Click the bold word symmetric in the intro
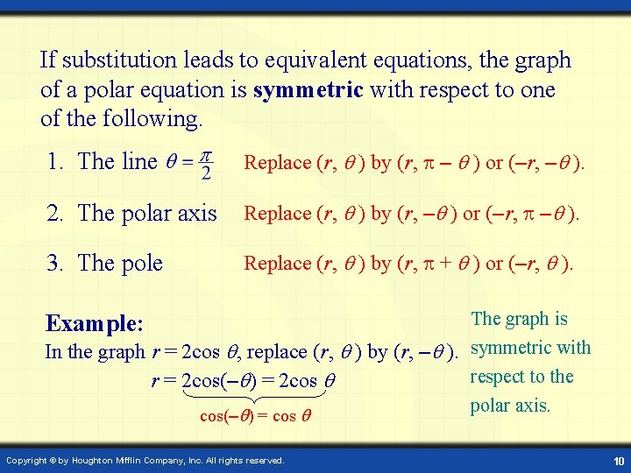coord(308,89)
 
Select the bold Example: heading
coord(95,323)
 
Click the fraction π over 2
coord(205,164)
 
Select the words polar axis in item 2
coord(170,213)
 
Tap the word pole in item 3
coord(142,263)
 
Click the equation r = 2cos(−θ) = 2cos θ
coord(244,381)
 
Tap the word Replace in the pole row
coord(277,263)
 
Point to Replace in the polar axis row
coord(277,213)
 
